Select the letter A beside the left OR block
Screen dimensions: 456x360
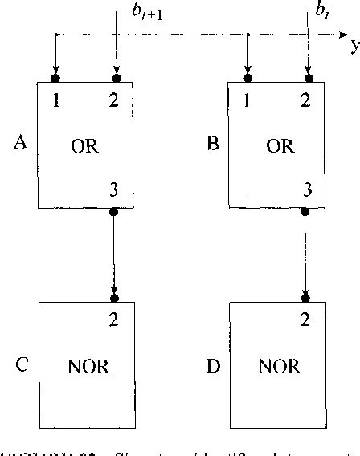coord(22,144)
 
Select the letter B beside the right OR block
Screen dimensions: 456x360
coord(213,144)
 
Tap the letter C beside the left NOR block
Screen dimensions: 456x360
coord(22,367)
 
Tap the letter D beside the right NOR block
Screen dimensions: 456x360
coord(213,367)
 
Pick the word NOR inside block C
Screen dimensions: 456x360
coord(88,368)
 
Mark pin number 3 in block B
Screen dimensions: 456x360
coord(306,189)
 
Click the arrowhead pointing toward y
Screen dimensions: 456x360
coord(341,35)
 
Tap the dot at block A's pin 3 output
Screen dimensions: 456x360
coord(113,212)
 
